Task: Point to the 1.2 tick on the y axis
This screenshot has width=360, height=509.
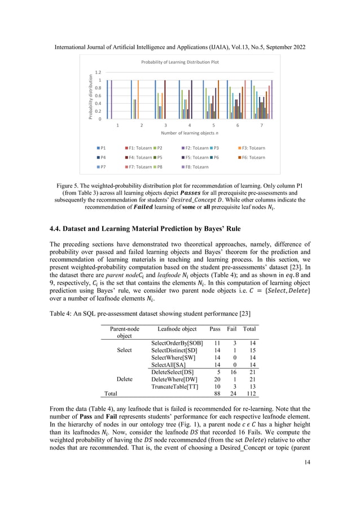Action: tap(98, 72)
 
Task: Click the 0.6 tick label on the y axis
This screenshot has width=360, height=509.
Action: tap(98, 95)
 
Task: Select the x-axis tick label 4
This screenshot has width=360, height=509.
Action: tap(189, 125)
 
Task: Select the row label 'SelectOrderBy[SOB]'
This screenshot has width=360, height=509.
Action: tap(178, 343)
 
